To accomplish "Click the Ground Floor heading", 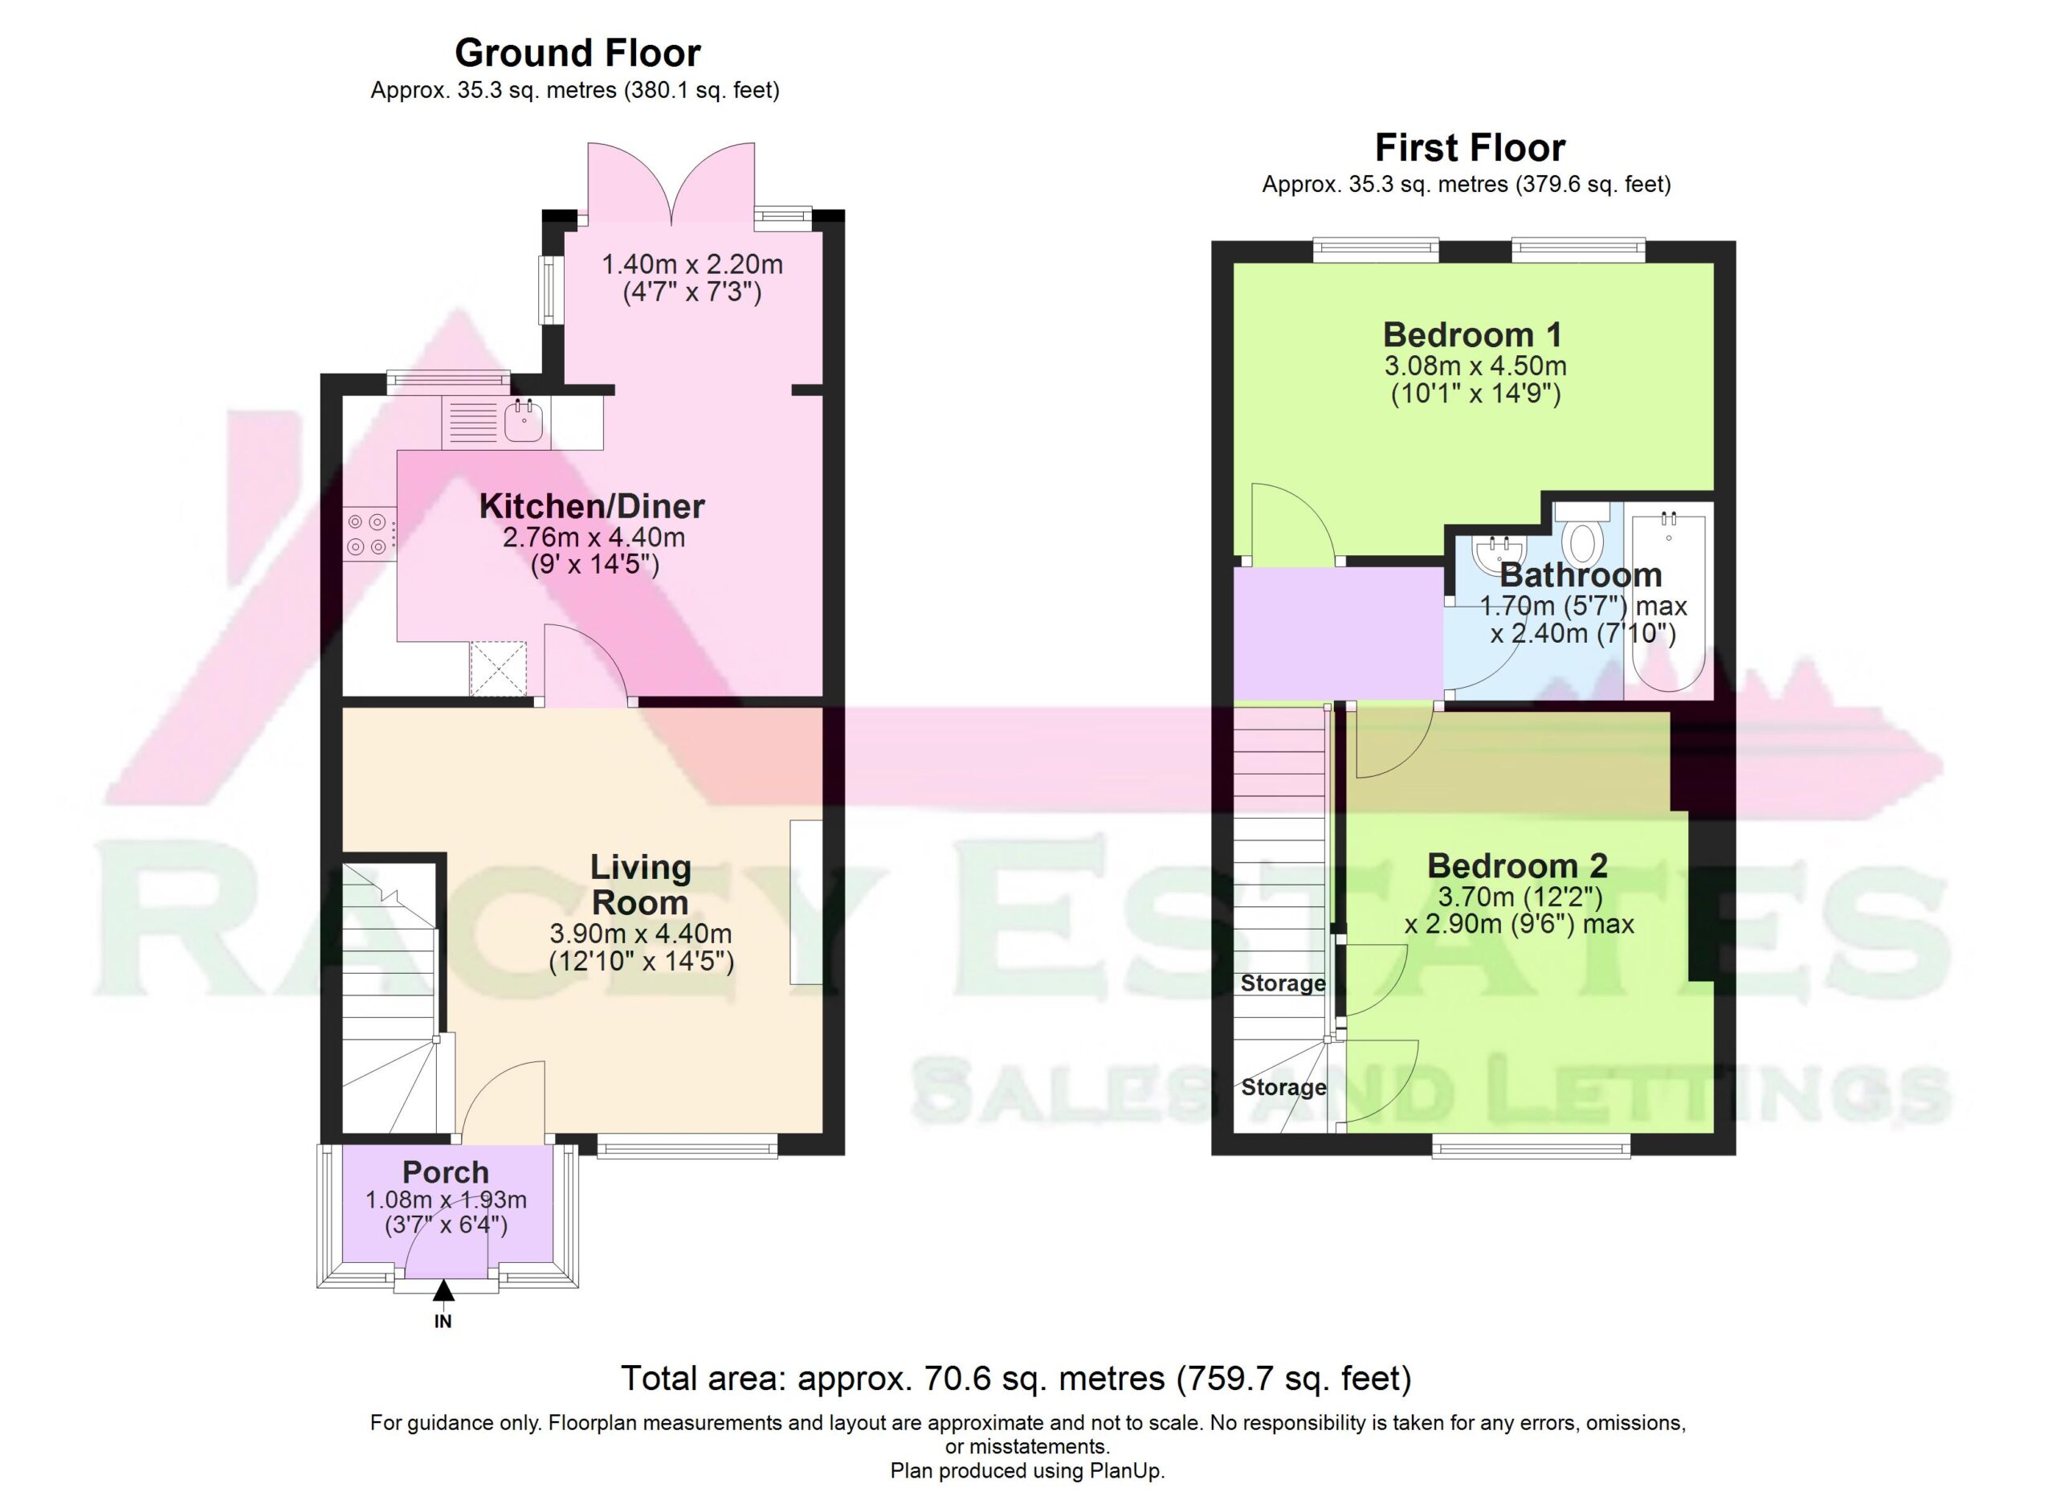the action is [577, 54].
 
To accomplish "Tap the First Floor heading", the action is [1470, 148].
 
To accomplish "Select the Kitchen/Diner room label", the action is [592, 506].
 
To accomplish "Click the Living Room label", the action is [640, 885].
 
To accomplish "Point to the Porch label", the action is [445, 1172].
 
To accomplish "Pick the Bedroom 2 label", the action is [1518, 866].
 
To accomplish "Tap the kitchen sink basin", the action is [524, 421].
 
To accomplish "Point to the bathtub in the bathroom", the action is [1668, 601].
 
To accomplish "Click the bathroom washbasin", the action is [1499, 553].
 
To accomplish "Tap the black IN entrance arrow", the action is [443, 1290].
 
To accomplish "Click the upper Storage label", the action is [1283, 983].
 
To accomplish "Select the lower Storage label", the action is [1283, 1087].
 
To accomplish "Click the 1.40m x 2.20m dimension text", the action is [692, 265].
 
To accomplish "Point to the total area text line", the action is [1016, 1378].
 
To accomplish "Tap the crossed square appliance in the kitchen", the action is [498, 668].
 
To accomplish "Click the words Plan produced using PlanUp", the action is [1027, 1470].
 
